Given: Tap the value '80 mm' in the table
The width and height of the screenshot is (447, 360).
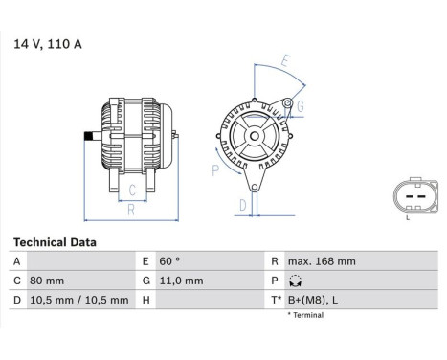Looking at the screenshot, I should tap(49, 281).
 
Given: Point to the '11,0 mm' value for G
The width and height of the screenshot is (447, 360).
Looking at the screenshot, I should tap(182, 281).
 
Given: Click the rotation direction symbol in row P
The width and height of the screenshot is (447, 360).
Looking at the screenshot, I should tap(295, 281).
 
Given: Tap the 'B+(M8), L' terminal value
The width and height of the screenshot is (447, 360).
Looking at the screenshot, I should tap(310, 300).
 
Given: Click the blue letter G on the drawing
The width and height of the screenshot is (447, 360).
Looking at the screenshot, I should tap(301, 105).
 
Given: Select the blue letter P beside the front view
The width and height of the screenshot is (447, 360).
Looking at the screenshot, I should tap(214, 170).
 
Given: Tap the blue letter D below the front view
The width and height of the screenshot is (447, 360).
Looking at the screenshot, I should tap(242, 204).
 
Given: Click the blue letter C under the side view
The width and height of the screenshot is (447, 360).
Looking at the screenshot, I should tap(130, 191).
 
